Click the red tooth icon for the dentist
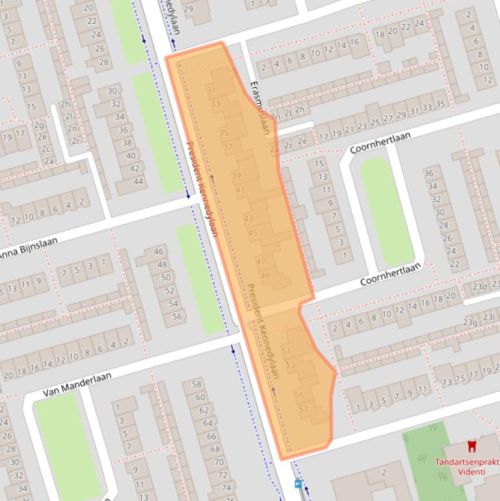472,446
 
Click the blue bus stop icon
298,483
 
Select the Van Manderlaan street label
77,385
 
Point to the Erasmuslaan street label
260,108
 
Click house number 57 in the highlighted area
303,409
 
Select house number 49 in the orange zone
265,276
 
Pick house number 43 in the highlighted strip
248,219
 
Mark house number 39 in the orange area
236,176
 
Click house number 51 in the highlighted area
285,351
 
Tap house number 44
138,181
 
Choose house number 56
177,316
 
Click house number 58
197,385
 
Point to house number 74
227,487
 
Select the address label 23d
479,286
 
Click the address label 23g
469,322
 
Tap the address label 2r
75,141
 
